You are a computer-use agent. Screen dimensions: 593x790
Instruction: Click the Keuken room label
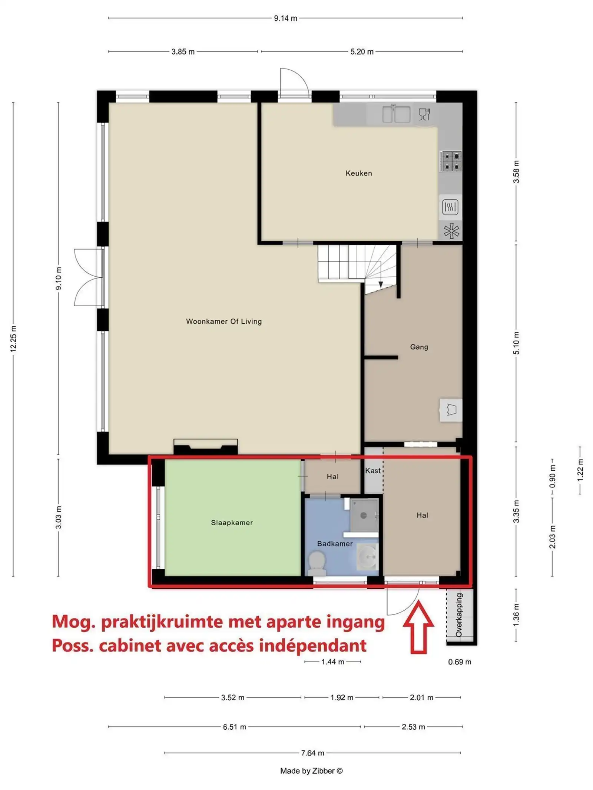(358, 173)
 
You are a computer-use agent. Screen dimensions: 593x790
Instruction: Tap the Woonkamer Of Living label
(224, 321)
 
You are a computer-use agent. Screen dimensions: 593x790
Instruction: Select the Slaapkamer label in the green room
(232, 523)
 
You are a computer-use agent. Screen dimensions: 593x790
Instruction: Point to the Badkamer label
(335, 543)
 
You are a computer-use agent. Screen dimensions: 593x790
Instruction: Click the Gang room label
(419, 347)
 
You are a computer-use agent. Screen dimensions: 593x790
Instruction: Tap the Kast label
(373, 470)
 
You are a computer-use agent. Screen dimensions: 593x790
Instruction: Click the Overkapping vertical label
(459, 615)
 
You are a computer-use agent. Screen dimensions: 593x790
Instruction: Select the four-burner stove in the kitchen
(451, 161)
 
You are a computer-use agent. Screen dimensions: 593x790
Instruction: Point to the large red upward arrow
(418, 627)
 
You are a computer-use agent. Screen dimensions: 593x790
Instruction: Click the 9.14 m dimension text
(285, 18)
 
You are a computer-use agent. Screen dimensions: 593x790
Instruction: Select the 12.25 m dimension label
(13, 339)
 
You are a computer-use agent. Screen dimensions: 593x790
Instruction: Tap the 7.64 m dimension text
(312, 753)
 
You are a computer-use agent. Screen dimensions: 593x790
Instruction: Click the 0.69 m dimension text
(460, 662)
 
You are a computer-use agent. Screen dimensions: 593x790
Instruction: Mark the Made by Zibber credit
(311, 771)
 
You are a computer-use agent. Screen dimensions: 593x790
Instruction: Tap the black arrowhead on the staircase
(381, 284)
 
